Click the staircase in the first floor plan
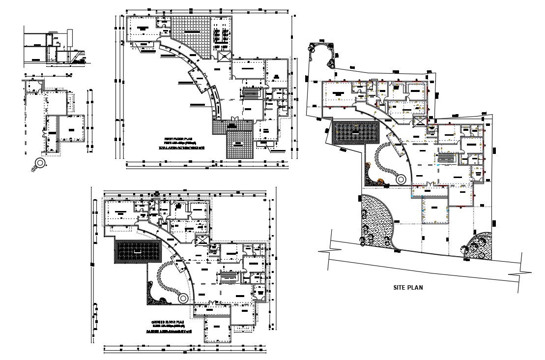pos(251,93)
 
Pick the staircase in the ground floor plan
pos(229,278)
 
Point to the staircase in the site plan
pos(445,158)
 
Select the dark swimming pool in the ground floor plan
pos(137,251)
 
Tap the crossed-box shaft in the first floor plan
pos(224,56)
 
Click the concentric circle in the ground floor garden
pos(183,298)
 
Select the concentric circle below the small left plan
pos(39,163)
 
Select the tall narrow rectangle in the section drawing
pos(70,37)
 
